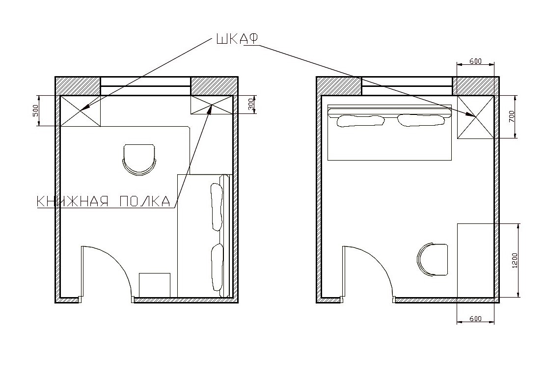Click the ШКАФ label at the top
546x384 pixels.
click(x=237, y=39)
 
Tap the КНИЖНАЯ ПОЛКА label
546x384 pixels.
click(x=104, y=201)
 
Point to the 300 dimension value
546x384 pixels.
click(x=251, y=104)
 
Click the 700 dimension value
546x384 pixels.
click(x=511, y=116)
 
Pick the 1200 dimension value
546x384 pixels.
click(x=515, y=260)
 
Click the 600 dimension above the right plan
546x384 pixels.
click(x=475, y=61)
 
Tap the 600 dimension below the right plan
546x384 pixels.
click(x=475, y=319)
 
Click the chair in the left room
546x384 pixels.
click(x=139, y=160)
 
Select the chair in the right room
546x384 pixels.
click(x=433, y=260)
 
